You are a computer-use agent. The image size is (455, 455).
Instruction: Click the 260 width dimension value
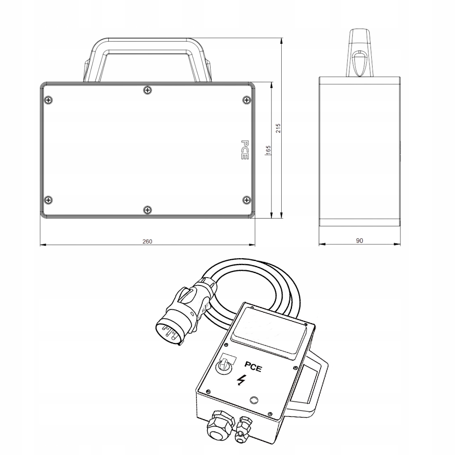click(x=147, y=242)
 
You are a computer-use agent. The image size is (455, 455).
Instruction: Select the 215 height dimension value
click(x=278, y=128)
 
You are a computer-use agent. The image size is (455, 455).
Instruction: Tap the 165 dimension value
click(x=268, y=150)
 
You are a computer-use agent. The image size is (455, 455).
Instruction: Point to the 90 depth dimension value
click(x=359, y=241)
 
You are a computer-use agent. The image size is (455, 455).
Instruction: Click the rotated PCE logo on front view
click(x=244, y=150)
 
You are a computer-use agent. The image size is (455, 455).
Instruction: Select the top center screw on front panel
click(x=148, y=90)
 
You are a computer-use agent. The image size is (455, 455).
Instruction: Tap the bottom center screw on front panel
click(x=148, y=210)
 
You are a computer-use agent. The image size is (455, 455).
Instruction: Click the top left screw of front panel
click(x=48, y=101)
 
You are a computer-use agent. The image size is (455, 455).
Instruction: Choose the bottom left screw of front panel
click(x=48, y=200)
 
